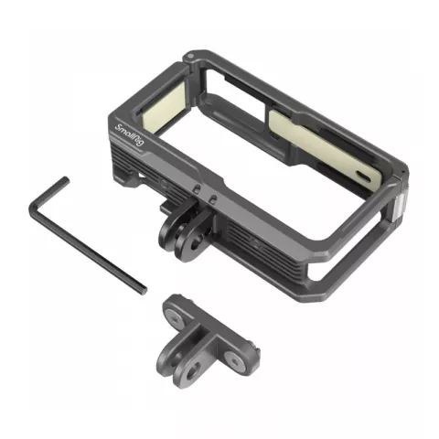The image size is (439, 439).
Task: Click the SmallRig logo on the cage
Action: click(x=129, y=135)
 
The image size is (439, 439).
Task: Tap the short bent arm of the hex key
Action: click(x=48, y=195)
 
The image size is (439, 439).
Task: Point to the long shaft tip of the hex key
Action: click(x=144, y=290)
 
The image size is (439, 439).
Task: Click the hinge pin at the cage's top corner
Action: click(x=190, y=57)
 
